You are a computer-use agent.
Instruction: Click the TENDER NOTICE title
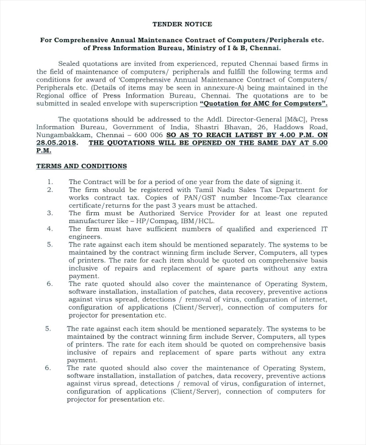(182, 24)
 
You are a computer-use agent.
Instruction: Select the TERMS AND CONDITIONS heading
(81, 166)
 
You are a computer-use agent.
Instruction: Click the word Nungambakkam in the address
(63, 134)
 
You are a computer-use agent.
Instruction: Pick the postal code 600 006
(147, 134)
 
